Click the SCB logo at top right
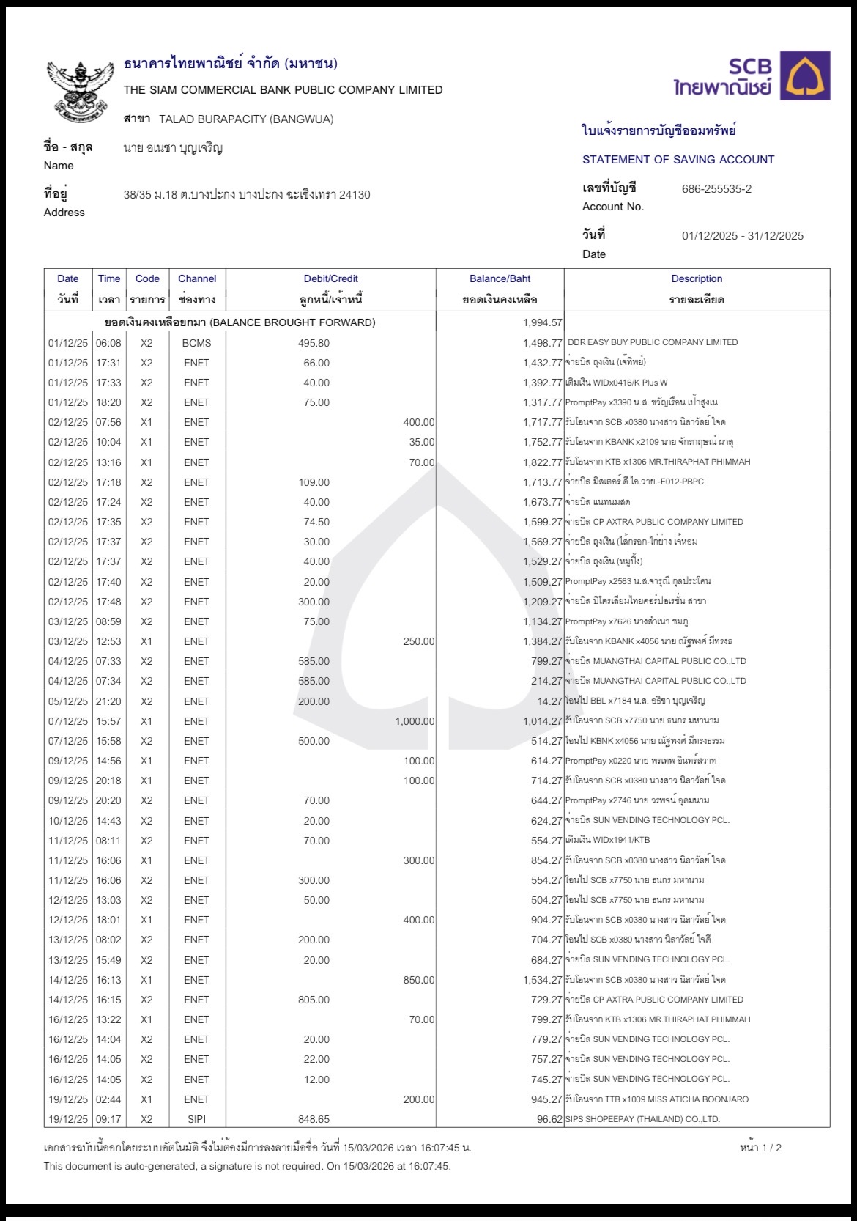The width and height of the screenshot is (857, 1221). click(x=752, y=75)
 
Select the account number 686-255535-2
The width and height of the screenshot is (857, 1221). click(x=716, y=189)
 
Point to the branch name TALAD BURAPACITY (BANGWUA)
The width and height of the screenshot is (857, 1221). click(x=246, y=119)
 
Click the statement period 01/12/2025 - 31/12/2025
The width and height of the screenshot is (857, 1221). click(x=742, y=236)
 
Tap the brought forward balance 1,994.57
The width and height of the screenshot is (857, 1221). click(x=542, y=322)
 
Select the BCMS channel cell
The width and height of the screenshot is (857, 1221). click(x=196, y=343)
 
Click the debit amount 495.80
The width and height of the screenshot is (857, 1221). click(x=314, y=343)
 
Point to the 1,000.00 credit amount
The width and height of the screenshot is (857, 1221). click(x=415, y=721)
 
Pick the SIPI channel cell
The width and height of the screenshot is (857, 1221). click(x=196, y=1119)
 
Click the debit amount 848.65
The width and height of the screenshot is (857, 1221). click(x=314, y=1119)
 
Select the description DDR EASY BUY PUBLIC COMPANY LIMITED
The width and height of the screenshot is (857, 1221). click(x=653, y=342)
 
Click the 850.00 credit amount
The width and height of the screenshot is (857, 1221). click(x=418, y=980)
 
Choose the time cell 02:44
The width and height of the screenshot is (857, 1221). click(x=108, y=1099)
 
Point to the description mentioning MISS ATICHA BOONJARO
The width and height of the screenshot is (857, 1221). click(x=657, y=1099)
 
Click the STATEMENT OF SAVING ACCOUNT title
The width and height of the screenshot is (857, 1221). click(x=678, y=160)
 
